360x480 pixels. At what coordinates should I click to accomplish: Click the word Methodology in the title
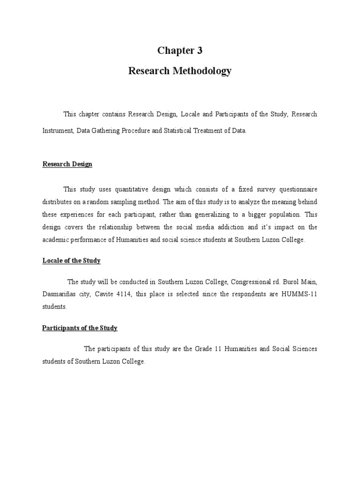[x=204, y=71]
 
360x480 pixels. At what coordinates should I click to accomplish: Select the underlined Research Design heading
[x=67, y=164]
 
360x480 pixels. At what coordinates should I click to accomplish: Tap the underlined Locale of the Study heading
[x=72, y=261]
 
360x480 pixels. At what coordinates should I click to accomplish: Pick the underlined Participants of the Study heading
[x=80, y=328]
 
